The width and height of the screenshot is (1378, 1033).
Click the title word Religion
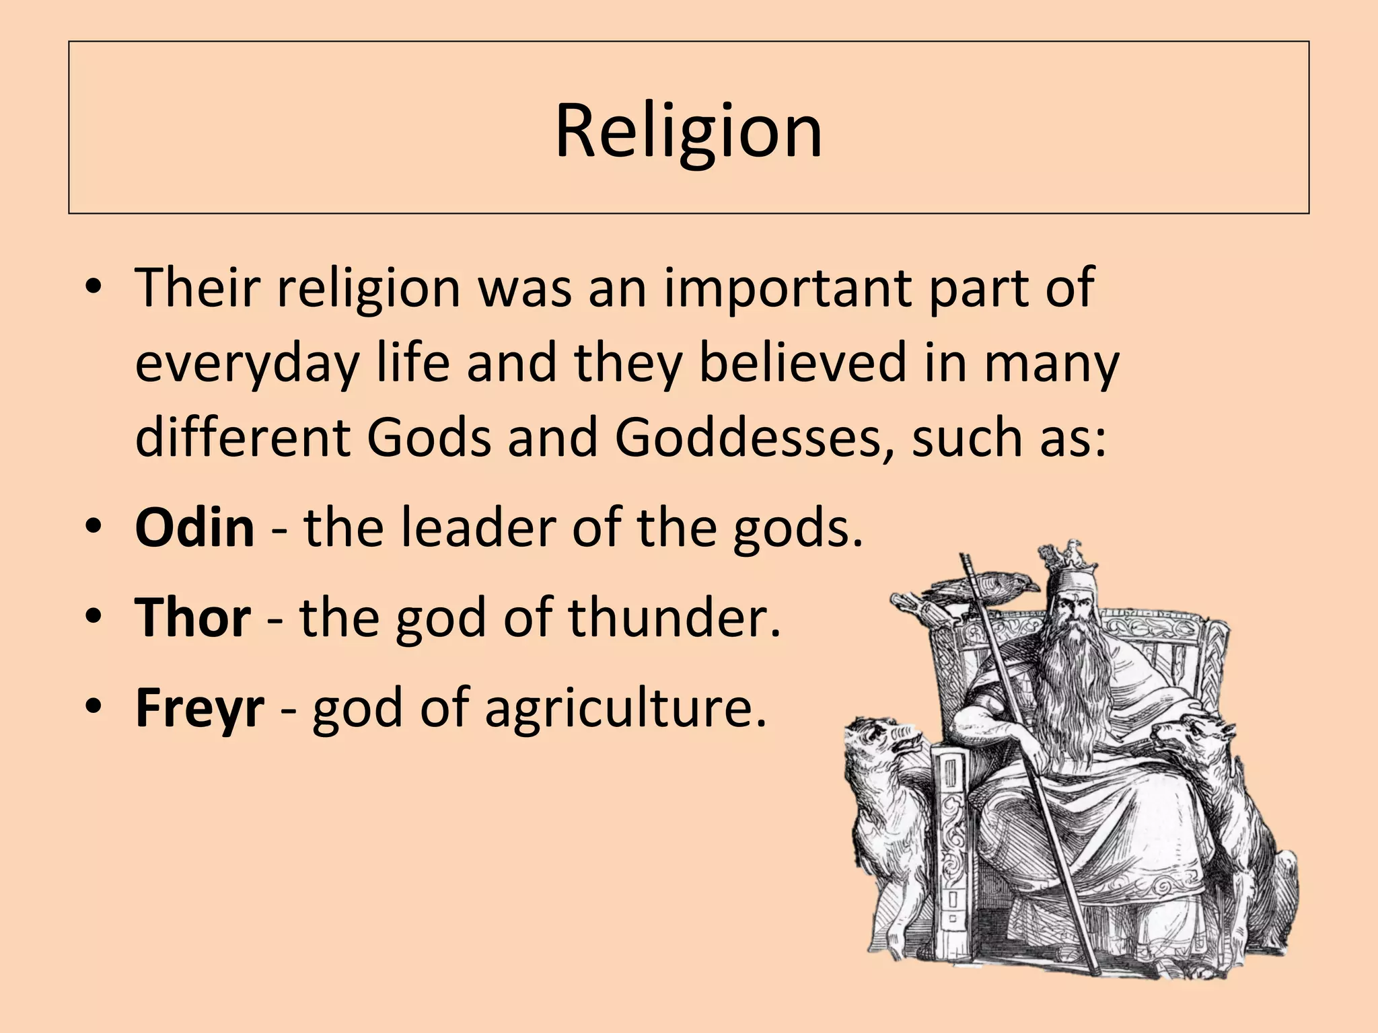[x=688, y=131]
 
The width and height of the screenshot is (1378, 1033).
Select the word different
[x=243, y=437]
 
